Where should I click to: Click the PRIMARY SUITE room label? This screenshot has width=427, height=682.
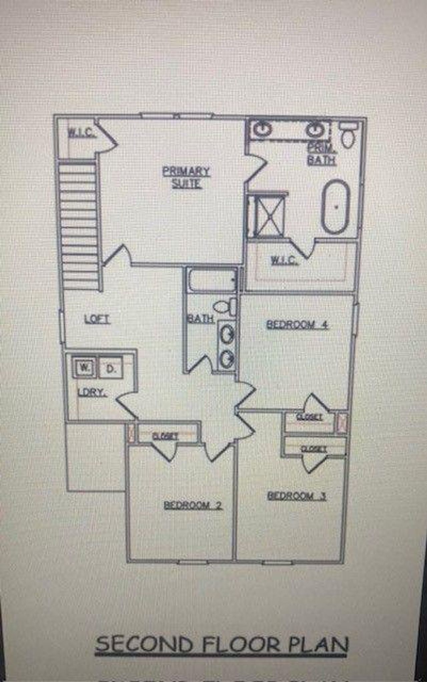coord(186,177)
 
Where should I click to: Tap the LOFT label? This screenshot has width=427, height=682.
coord(97,319)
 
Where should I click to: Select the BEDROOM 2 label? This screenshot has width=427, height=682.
coord(193,505)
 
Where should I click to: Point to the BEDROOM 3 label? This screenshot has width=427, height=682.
coord(297,496)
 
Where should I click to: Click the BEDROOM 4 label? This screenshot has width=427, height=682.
coord(297,324)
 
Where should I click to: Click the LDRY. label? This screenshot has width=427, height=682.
coord(92,393)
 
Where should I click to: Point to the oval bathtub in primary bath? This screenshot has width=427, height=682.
coord(336,207)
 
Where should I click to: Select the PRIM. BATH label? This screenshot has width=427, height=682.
coord(321,154)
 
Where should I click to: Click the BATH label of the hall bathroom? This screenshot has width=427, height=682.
coord(200,319)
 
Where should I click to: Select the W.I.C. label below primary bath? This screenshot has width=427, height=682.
coord(284,260)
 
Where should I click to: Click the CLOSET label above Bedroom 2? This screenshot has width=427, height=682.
coord(165,436)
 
